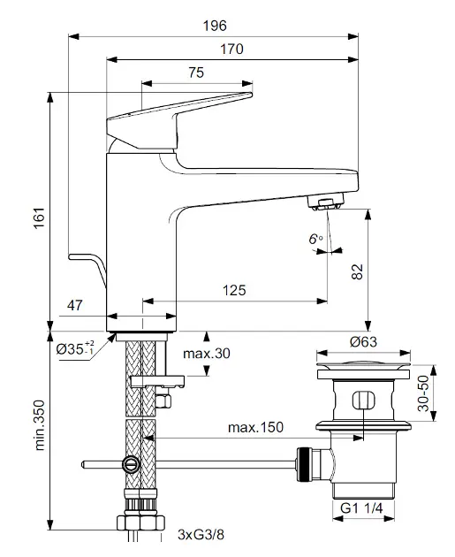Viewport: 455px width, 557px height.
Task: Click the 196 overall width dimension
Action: pos(215,26)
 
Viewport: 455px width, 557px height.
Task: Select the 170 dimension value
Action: pos(231,49)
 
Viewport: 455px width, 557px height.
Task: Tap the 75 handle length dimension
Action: pos(196,72)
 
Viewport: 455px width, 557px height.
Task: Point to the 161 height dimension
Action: pos(40,217)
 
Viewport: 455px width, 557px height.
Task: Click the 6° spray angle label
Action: pos(315,239)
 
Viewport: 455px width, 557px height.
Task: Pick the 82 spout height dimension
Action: pos(358,271)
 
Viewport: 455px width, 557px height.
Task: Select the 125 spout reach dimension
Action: pos(234,290)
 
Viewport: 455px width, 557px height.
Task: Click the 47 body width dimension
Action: pos(74,305)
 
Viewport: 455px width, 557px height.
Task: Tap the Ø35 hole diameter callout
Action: pos(75,348)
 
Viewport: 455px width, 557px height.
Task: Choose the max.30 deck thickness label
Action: pos(207,353)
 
